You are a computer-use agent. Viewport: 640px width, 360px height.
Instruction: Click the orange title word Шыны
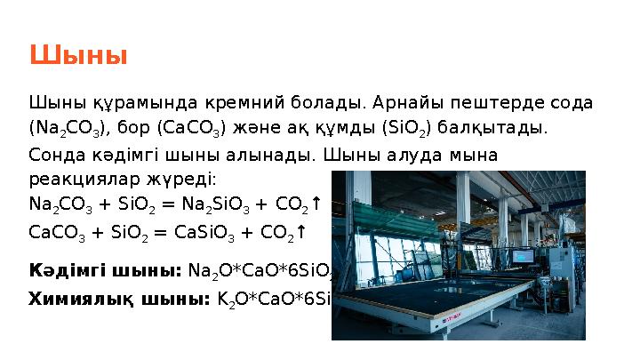(78, 56)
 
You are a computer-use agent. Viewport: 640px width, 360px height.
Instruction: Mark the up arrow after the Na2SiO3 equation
(315, 204)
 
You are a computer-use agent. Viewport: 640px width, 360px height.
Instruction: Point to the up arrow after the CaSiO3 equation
(301, 232)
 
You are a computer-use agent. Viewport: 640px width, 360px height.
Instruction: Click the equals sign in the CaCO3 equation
(162, 232)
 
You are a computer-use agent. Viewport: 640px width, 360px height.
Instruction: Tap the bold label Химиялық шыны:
(120, 300)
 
